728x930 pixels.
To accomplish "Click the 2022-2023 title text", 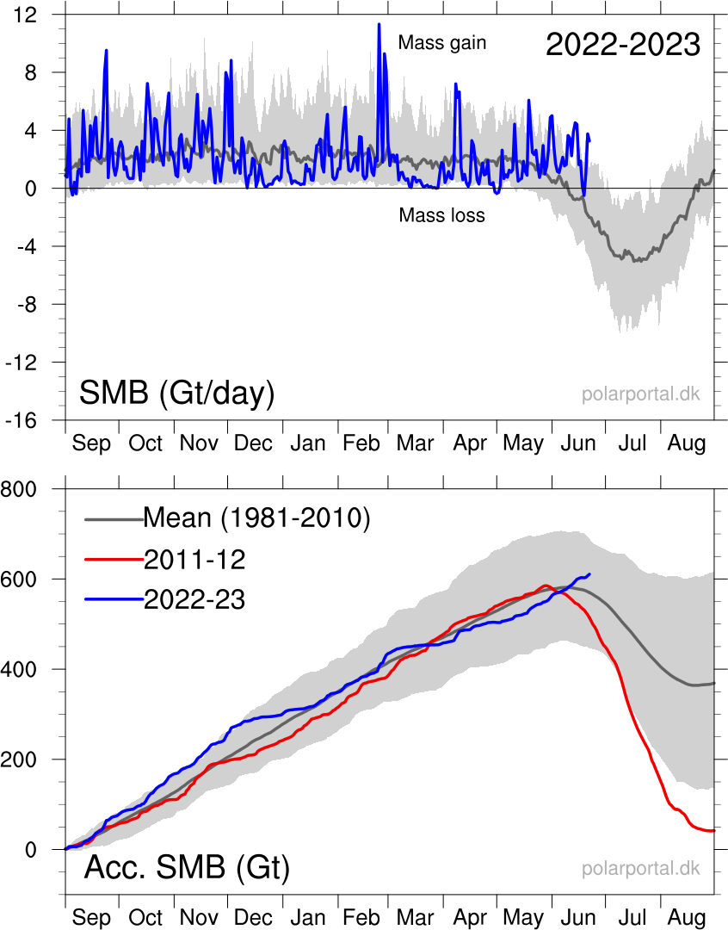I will (622, 44).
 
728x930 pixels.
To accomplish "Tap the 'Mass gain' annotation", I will (442, 42).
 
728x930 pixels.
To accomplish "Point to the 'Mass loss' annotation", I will (441, 215).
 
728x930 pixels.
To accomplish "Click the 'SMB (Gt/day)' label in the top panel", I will (176, 394).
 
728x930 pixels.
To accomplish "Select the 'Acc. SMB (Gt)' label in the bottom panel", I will (186, 867).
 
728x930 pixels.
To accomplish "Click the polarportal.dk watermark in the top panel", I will (640, 395).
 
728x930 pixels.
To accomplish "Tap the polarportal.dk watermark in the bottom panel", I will (640, 869).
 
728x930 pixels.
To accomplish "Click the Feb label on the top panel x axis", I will (361, 443).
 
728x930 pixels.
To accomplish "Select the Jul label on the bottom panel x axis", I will (633, 917).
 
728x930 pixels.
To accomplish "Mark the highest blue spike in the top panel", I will (379, 24).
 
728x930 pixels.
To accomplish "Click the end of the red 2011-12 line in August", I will (713, 830).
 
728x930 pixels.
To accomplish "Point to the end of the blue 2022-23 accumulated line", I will (589, 573).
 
